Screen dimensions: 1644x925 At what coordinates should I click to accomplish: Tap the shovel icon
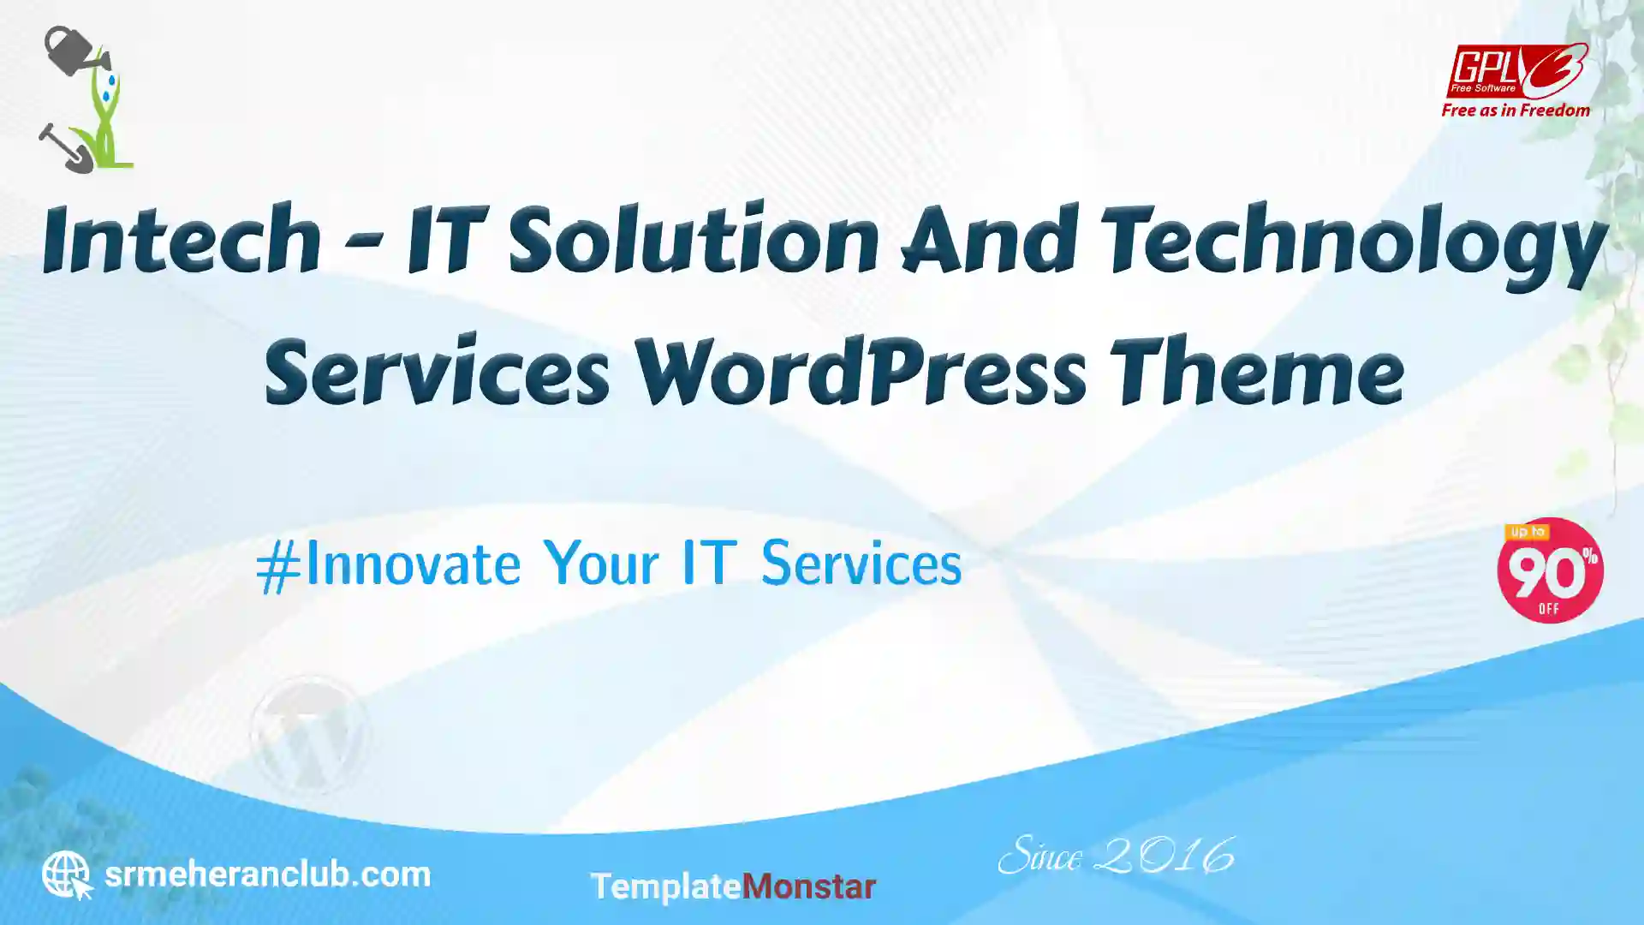65,148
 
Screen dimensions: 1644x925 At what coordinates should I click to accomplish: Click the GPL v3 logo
1516,70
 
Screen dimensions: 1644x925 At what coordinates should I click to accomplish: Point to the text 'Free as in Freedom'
1516,110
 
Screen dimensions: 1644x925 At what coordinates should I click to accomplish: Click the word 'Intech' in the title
182,240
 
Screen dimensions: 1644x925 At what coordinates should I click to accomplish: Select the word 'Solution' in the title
694,240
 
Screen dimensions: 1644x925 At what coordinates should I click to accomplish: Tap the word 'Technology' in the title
1355,245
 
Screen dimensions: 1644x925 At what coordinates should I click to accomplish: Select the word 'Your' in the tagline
601,564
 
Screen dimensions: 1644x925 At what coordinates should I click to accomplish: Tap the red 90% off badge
1550,570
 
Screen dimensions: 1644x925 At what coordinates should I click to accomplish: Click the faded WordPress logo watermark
309,734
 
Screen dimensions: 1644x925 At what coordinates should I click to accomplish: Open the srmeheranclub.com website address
267,874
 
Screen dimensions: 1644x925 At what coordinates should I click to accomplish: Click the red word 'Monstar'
808,886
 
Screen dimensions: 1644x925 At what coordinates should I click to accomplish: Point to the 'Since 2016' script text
1116,856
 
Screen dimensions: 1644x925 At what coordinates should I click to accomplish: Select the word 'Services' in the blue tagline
861,564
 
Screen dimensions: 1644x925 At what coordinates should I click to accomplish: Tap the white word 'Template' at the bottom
665,887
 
